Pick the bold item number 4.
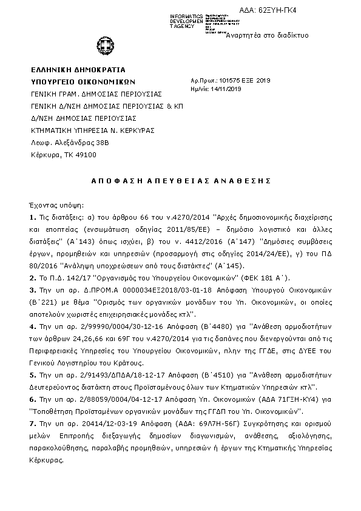coord(32,325)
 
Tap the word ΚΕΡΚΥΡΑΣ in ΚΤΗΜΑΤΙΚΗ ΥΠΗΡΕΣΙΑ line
coord(133,130)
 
